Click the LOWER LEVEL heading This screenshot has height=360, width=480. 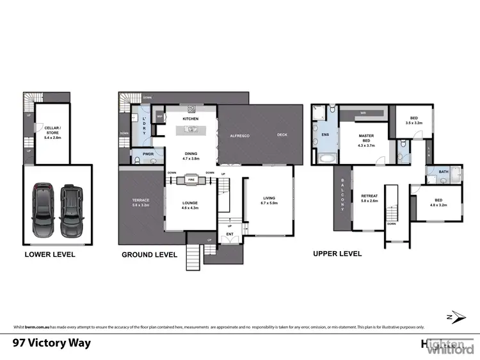[x=49, y=254]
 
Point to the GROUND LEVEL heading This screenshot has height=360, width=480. [x=149, y=254]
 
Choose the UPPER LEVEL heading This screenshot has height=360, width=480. [x=337, y=254]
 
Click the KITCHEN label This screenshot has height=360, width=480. [x=191, y=119]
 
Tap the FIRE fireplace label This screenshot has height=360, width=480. [x=191, y=181]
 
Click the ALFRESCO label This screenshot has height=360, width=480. [x=239, y=136]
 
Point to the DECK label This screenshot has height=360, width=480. [x=282, y=135]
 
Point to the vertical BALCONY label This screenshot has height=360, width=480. [x=342, y=195]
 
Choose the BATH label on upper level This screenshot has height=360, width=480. [x=444, y=172]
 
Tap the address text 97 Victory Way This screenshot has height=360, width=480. [x=52, y=343]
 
